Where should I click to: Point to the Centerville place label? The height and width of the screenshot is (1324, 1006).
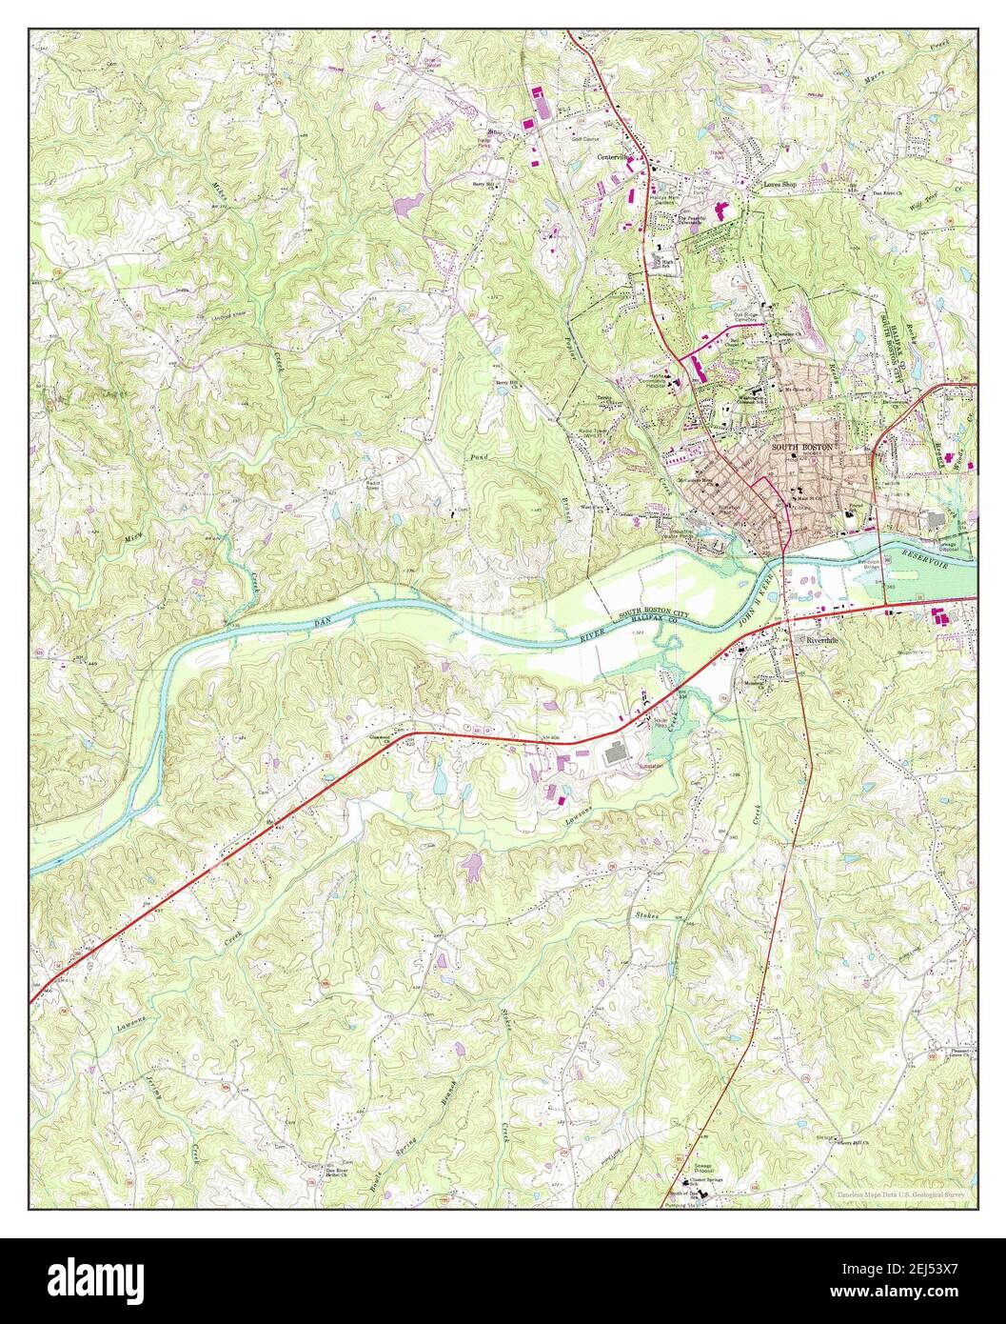[615, 156]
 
